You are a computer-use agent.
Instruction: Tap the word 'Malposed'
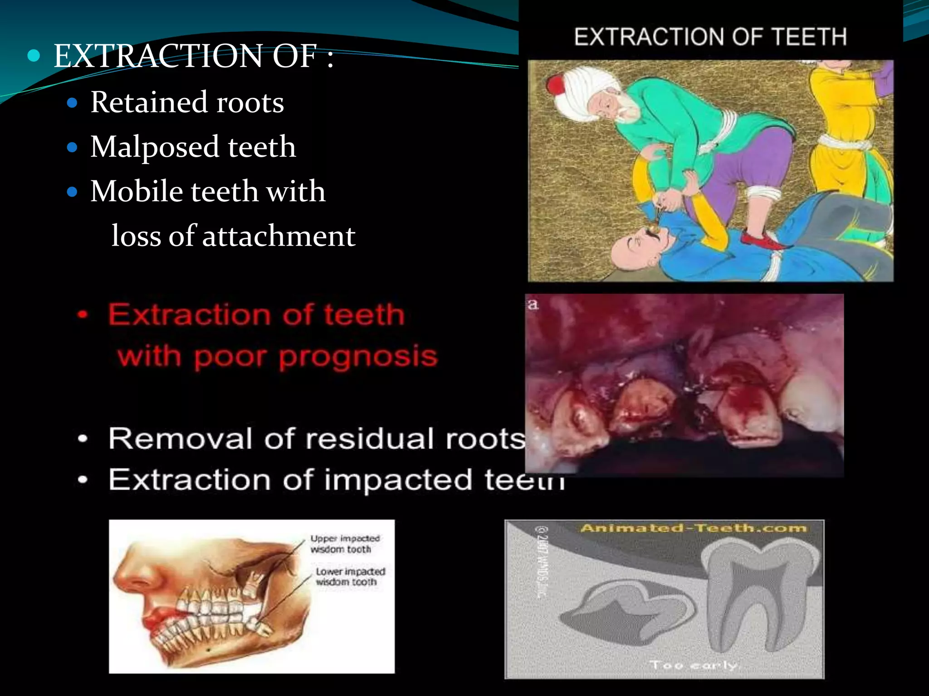(154, 147)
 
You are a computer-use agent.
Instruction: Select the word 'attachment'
(279, 236)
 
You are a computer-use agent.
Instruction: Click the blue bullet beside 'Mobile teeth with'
(72, 192)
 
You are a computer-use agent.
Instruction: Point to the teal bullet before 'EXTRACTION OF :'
(34, 56)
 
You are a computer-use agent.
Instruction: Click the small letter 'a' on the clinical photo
(533, 304)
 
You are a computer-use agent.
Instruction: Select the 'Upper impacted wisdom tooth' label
(345, 544)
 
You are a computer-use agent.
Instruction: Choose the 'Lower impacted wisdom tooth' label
(350, 576)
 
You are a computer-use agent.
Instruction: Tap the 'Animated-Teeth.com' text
(693, 528)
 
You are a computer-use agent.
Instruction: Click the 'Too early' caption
(693, 665)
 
